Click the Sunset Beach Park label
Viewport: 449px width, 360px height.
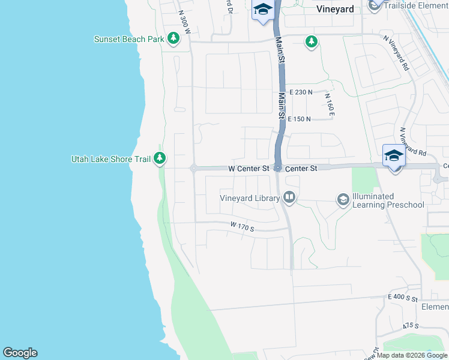(x=129, y=40)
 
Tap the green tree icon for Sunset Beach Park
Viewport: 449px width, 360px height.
(x=173, y=40)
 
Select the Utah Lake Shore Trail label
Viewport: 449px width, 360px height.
(x=110, y=159)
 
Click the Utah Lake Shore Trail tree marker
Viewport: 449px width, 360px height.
(x=159, y=159)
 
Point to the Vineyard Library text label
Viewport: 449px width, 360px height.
(x=250, y=198)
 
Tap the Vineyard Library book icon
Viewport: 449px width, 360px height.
(x=289, y=197)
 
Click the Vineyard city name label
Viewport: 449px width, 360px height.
(x=335, y=9)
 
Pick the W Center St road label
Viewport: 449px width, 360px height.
(x=249, y=169)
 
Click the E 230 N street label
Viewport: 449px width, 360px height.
(x=301, y=92)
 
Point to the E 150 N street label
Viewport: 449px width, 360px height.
(x=299, y=119)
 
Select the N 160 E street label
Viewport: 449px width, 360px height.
(x=330, y=104)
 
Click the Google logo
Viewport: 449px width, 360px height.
(x=20, y=353)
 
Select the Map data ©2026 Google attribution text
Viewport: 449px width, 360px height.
(x=411, y=355)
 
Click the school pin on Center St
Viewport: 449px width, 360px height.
(x=393, y=157)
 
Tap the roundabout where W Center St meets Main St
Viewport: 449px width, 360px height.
(x=277, y=168)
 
